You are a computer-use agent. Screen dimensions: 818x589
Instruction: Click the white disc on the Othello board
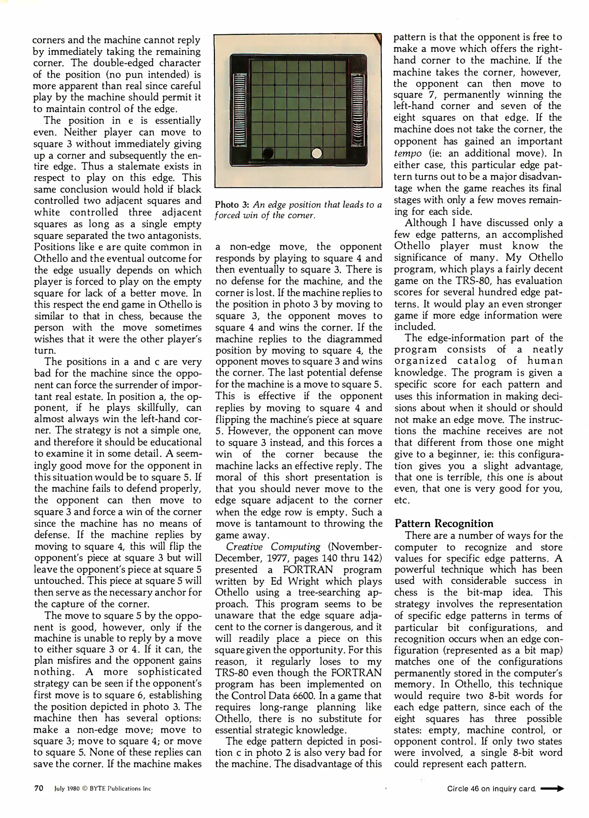click(x=316, y=153)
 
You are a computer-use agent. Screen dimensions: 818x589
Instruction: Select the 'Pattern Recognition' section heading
click(x=444, y=523)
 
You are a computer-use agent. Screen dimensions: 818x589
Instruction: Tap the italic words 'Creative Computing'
click(x=273, y=546)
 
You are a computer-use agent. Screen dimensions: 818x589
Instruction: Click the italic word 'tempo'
click(x=408, y=153)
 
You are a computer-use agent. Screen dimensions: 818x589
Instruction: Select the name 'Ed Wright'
click(x=290, y=581)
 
